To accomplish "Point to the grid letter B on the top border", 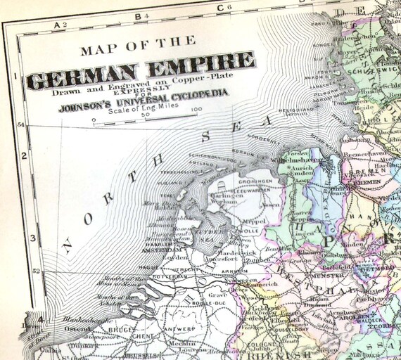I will click(x=139, y=14).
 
